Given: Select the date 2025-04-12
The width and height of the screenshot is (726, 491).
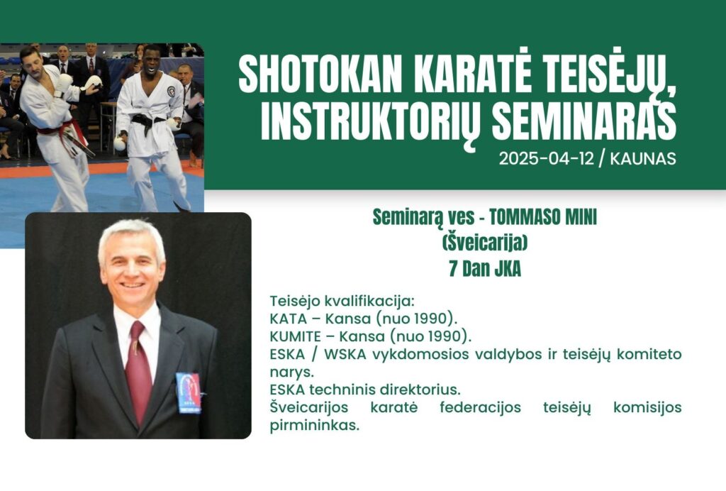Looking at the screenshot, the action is click(x=546, y=159).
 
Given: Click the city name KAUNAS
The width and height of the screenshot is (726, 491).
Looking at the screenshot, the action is click(x=642, y=159).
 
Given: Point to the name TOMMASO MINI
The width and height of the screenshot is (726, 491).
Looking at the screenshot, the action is click(x=543, y=217).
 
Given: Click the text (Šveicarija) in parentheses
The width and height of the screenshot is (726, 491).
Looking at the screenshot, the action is click(x=484, y=243).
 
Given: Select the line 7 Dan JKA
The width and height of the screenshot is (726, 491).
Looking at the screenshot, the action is click(x=485, y=269).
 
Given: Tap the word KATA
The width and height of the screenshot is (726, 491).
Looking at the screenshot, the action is click(x=288, y=319).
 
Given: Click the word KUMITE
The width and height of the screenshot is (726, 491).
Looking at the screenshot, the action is click(x=295, y=336).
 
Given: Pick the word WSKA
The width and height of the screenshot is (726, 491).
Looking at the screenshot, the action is click(x=345, y=354).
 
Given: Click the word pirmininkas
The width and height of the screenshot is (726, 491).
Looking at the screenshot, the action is click(x=314, y=425).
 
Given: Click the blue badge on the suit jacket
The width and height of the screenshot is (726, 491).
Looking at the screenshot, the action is click(x=189, y=393).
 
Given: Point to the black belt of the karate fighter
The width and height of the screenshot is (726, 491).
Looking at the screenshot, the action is click(x=147, y=122).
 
